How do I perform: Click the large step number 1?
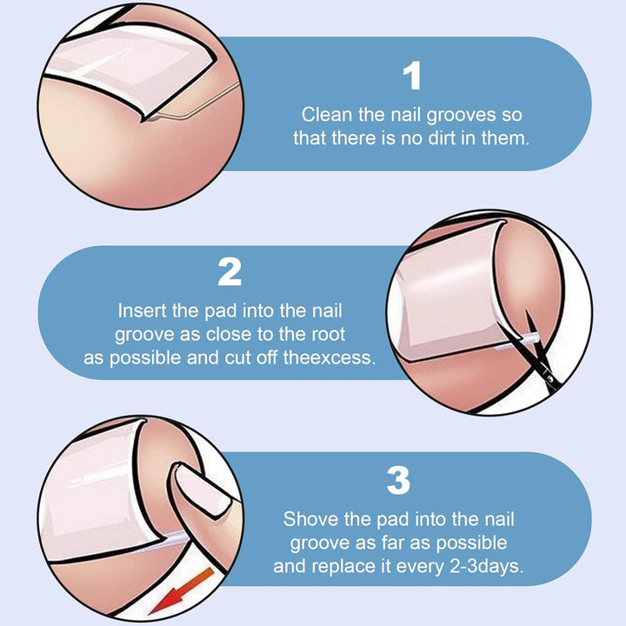click(x=412, y=76)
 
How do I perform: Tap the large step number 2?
click(x=230, y=271)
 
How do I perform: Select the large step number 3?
click(x=398, y=480)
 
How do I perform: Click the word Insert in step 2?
click(x=142, y=310)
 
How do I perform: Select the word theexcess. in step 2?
click(x=330, y=357)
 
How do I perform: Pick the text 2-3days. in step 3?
click(x=487, y=566)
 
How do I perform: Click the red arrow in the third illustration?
click(x=182, y=592)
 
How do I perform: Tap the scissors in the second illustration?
click(x=541, y=350)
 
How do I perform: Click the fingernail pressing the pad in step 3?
click(x=203, y=489)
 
